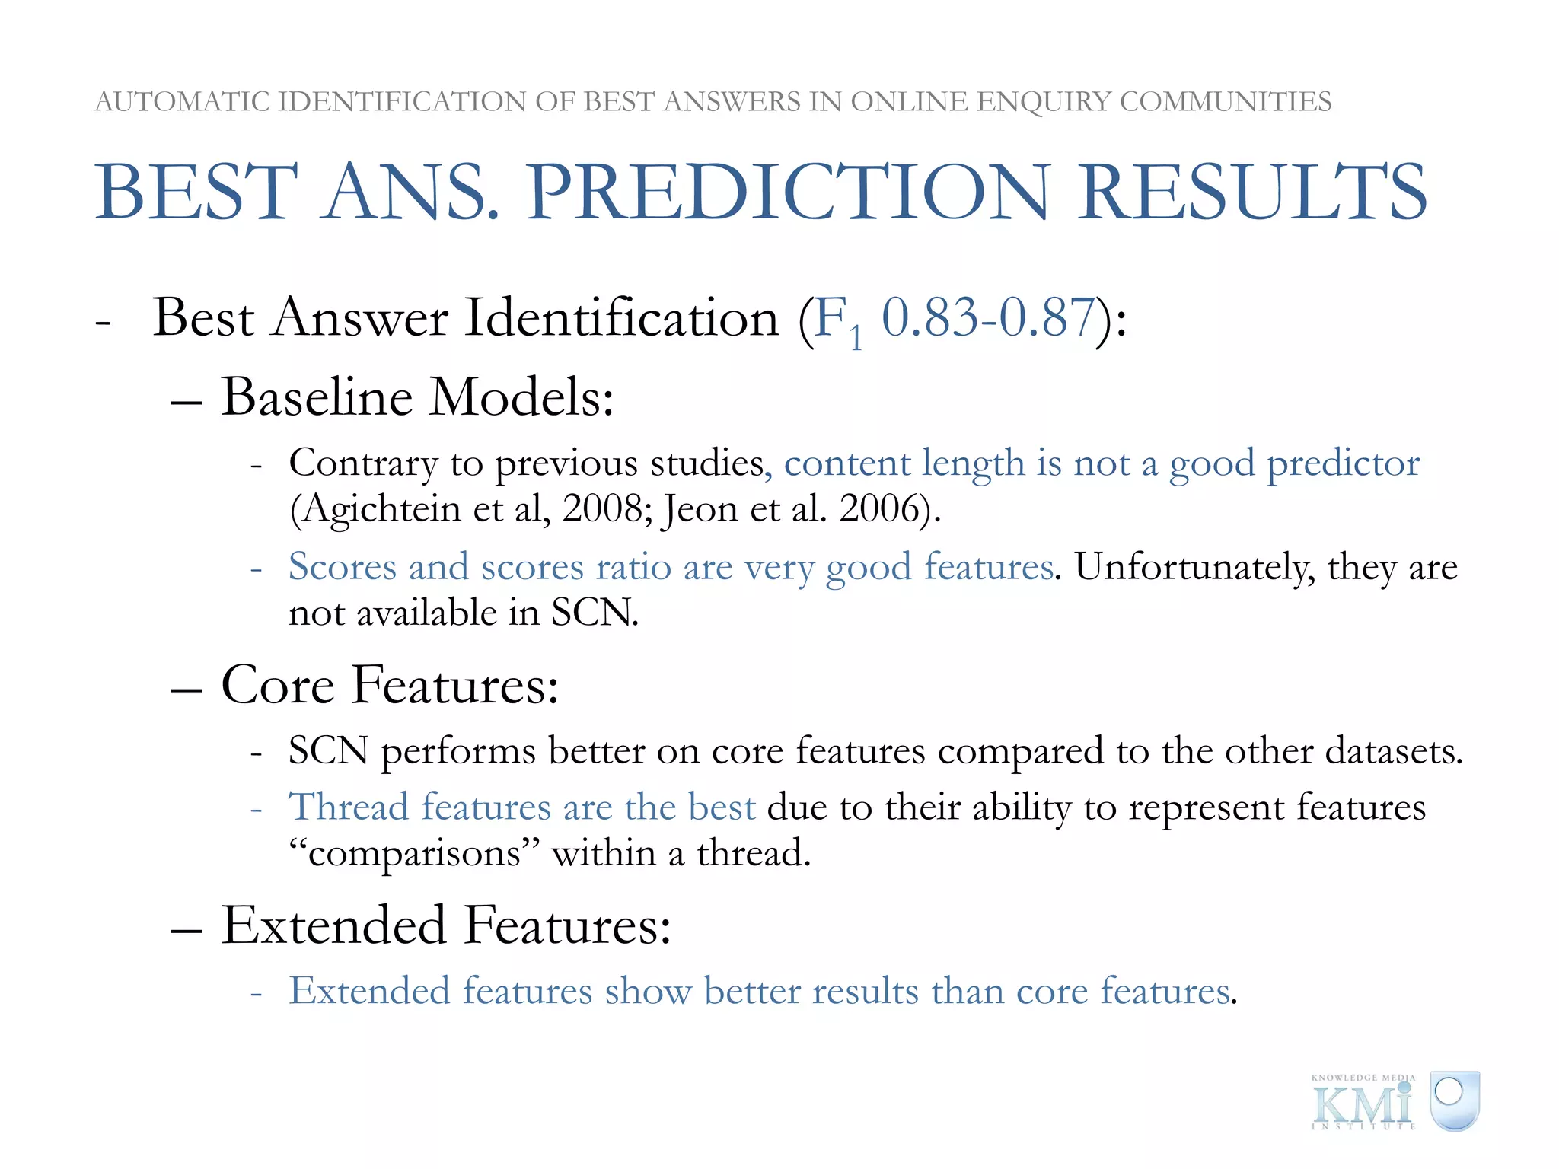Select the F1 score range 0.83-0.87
point(987,318)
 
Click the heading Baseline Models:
point(417,397)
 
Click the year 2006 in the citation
point(878,508)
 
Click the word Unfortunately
point(1194,567)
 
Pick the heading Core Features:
point(390,685)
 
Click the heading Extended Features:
point(446,925)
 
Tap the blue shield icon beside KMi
point(1453,1100)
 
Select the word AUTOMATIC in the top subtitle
point(182,101)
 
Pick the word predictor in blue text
point(1343,463)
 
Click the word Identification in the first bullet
point(622,318)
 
